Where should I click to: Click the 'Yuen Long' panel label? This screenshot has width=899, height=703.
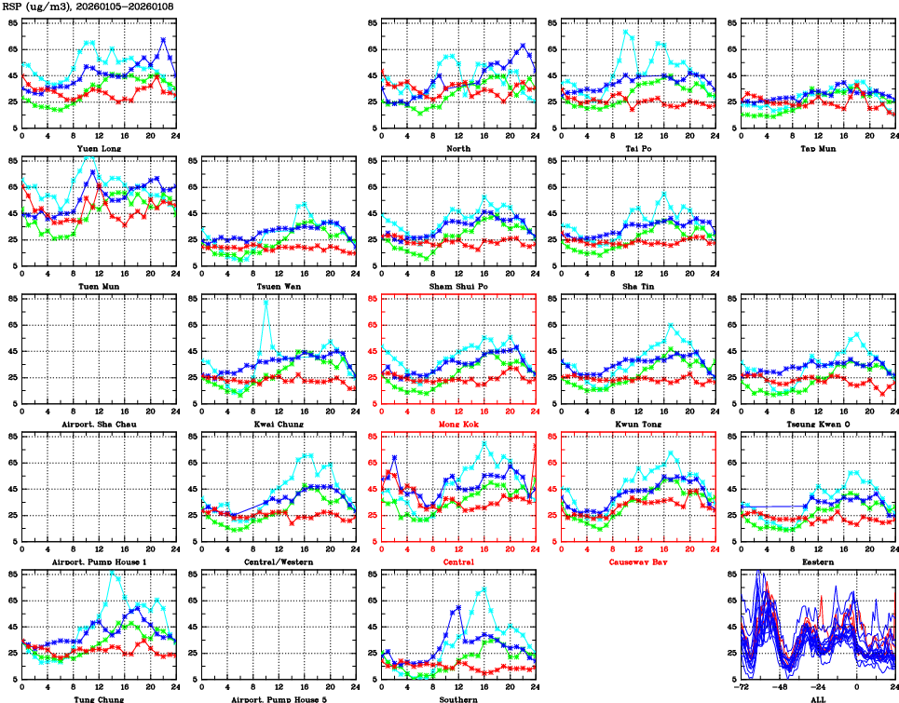pyautogui.click(x=98, y=148)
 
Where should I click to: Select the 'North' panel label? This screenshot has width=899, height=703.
pyautogui.click(x=458, y=148)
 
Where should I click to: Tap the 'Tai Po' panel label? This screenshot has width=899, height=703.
pyautogui.click(x=638, y=148)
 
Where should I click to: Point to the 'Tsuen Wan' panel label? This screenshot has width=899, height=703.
pyautogui.click(x=279, y=286)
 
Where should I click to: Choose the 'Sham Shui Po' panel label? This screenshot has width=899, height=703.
pyautogui.click(x=458, y=286)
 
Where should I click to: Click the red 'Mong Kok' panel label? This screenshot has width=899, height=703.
pyautogui.click(x=458, y=424)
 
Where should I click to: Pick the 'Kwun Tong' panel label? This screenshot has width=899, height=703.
pyautogui.click(x=638, y=424)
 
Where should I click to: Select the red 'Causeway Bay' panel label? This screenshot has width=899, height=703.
pyautogui.click(x=638, y=561)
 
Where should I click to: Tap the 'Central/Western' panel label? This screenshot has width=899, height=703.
pyautogui.click(x=279, y=561)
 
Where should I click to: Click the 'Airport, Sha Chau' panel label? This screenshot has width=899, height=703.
pyautogui.click(x=98, y=424)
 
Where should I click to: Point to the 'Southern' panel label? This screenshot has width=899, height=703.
pyautogui.click(x=458, y=699)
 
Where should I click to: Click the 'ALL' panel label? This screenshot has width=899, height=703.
pyautogui.click(x=818, y=699)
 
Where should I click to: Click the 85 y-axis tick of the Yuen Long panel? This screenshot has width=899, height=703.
pyautogui.click(x=12, y=21)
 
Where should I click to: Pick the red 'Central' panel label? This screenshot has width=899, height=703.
pyautogui.click(x=458, y=561)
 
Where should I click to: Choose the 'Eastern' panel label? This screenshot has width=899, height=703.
pyautogui.click(x=818, y=561)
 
